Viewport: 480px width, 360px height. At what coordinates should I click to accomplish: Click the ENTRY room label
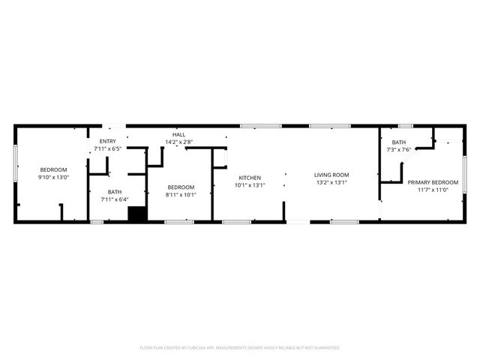coord(107,142)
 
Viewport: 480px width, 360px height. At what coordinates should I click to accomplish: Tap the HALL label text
coord(178,133)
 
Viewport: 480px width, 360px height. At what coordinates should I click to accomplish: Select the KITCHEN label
coord(250,178)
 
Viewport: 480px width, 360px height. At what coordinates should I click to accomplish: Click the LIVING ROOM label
coord(331,175)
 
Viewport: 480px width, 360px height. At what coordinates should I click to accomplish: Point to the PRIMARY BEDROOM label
coord(433,182)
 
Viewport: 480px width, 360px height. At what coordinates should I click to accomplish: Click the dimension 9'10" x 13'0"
coord(53,178)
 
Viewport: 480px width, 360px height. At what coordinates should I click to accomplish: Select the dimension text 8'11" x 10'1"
coord(180,195)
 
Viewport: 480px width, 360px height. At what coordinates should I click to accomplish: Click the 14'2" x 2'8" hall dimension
coord(178,141)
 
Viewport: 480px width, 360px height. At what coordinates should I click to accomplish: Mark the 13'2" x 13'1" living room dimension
coord(331,182)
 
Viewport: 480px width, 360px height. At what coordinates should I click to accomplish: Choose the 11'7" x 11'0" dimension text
coord(433,190)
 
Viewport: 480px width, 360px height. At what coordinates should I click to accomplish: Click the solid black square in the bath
coord(137,214)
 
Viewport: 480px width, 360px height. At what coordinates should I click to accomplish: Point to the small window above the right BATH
coord(406,126)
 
